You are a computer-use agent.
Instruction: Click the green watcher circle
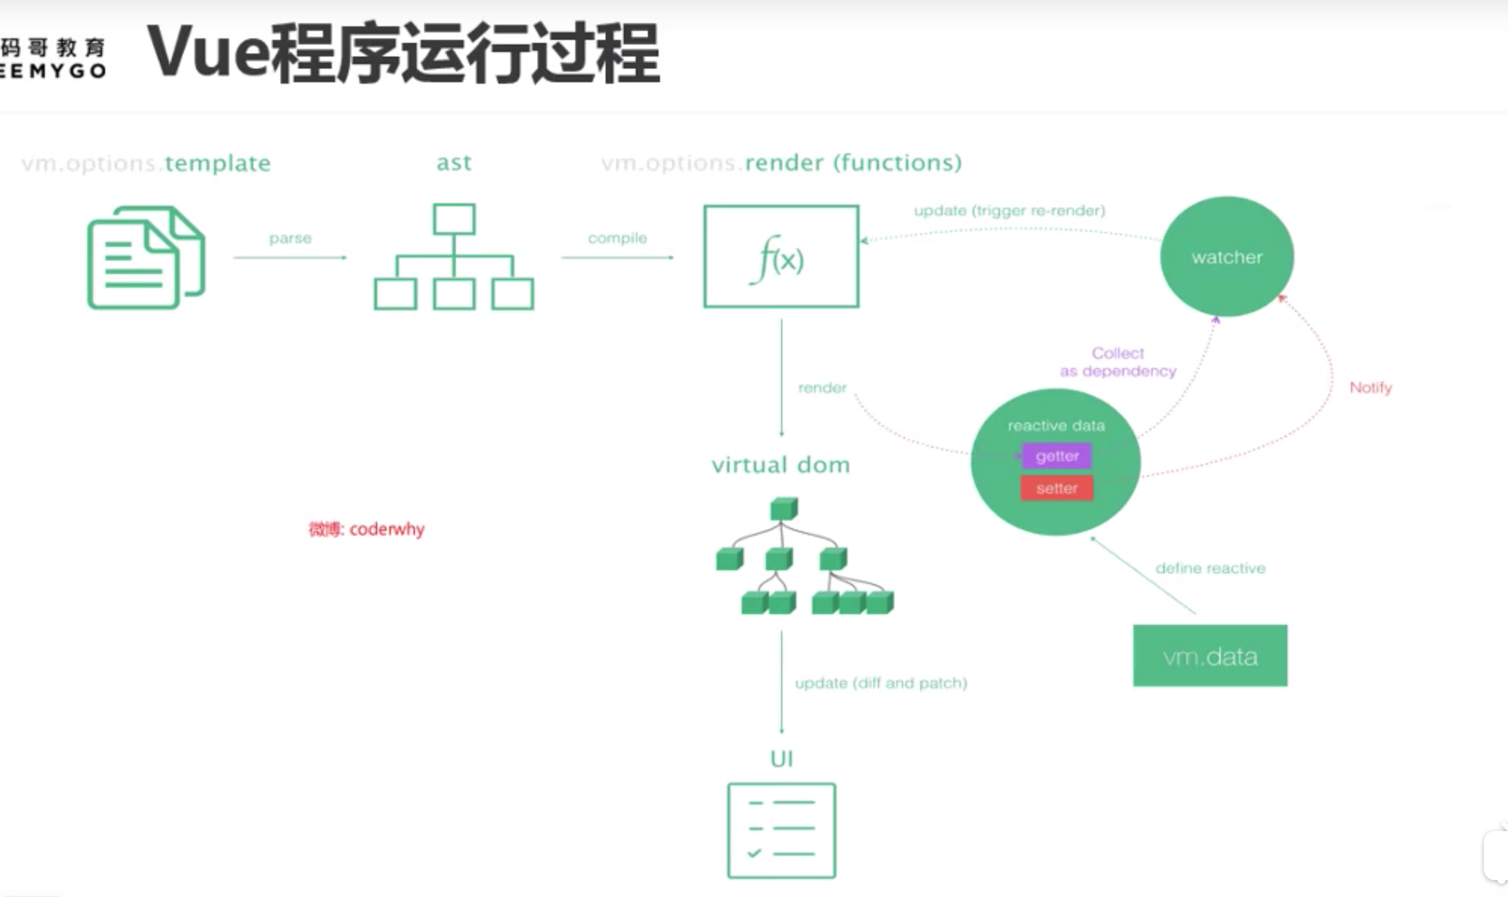click(1227, 256)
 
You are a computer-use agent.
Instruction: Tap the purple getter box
click(1057, 456)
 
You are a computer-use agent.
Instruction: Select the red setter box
click(1057, 488)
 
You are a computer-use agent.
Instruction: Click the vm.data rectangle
click(1210, 656)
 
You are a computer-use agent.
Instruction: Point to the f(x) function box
click(781, 257)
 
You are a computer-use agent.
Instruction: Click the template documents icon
click(146, 257)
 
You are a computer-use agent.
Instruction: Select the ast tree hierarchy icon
click(453, 257)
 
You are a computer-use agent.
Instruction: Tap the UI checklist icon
click(781, 830)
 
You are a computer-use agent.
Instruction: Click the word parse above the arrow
click(290, 238)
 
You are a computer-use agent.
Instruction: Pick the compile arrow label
click(617, 238)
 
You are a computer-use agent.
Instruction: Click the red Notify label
click(1370, 387)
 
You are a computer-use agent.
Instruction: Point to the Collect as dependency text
click(1118, 362)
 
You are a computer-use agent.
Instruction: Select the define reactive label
click(1210, 568)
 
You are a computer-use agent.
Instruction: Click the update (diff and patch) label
click(881, 683)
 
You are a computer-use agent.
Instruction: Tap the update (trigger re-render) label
click(1009, 210)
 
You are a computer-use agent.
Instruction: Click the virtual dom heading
click(781, 465)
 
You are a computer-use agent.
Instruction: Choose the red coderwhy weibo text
click(366, 529)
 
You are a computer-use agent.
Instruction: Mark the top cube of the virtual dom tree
click(784, 509)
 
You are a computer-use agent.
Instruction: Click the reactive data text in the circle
click(1056, 426)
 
